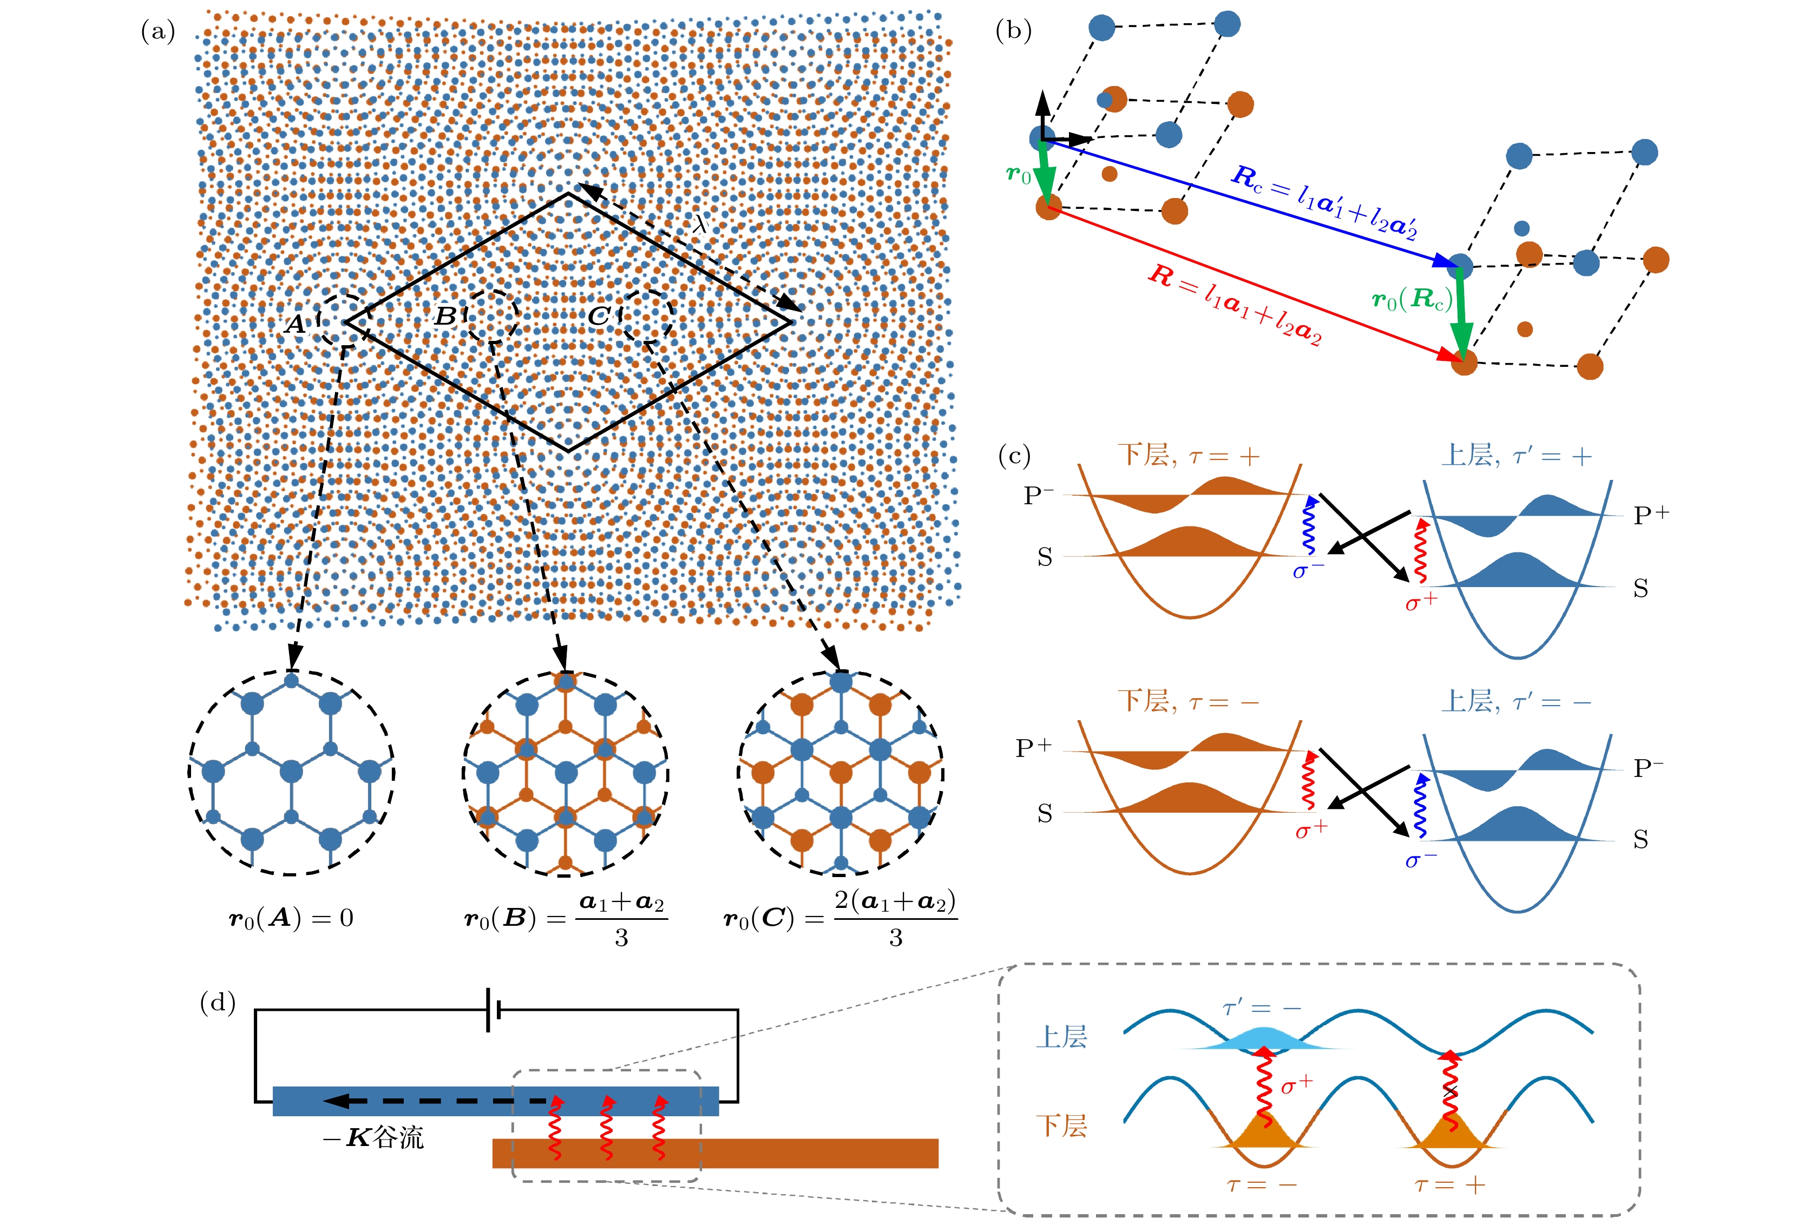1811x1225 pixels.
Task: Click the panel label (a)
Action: coord(158,32)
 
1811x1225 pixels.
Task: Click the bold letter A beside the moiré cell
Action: coord(296,324)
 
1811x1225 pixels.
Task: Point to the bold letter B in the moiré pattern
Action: coord(445,317)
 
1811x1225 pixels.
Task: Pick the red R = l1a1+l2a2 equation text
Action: coord(1235,304)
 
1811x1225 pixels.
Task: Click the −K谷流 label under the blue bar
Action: coord(373,1138)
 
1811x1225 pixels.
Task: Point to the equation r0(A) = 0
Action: coord(291,918)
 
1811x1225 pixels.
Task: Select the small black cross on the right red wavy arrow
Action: coord(1449,1092)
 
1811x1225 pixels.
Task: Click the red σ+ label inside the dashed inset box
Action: coord(1297,1084)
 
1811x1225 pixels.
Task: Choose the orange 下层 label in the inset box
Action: coord(1061,1125)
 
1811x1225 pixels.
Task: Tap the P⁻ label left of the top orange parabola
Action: coord(1038,495)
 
